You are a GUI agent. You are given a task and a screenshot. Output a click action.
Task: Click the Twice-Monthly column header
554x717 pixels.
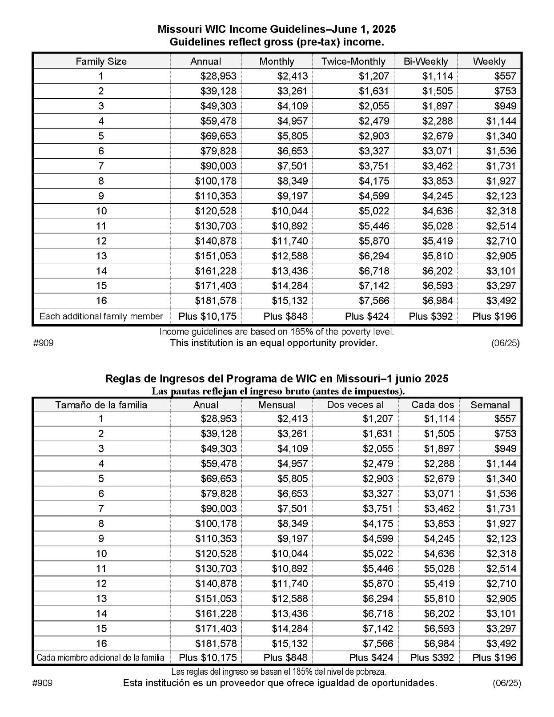tap(353, 61)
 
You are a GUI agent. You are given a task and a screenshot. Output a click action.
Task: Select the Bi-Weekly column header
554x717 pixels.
tap(426, 61)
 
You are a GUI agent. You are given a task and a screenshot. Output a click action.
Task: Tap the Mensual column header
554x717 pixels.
tap(277, 405)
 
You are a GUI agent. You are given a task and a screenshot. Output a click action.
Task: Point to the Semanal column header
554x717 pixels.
tap(490, 405)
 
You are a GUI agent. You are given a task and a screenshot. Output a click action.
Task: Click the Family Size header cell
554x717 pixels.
tap(101, 61)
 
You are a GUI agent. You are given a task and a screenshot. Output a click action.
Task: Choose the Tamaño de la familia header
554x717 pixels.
tap(101, 405)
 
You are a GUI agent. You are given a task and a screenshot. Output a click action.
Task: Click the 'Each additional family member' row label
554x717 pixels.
tap(101, 316)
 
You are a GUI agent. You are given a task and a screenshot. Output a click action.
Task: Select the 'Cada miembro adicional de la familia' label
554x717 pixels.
tap(100, 657)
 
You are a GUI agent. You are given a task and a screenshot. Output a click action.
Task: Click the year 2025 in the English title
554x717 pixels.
tap(384, 29)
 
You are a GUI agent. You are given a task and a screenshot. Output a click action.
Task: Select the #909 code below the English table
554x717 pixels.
tap(43, 343)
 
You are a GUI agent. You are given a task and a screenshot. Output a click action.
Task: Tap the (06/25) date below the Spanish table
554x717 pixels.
tap(506, 683)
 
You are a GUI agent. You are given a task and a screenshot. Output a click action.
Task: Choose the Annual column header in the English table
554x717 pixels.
tap(205, 61)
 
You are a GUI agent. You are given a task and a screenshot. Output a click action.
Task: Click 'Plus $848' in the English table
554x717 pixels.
tap(285, 316)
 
